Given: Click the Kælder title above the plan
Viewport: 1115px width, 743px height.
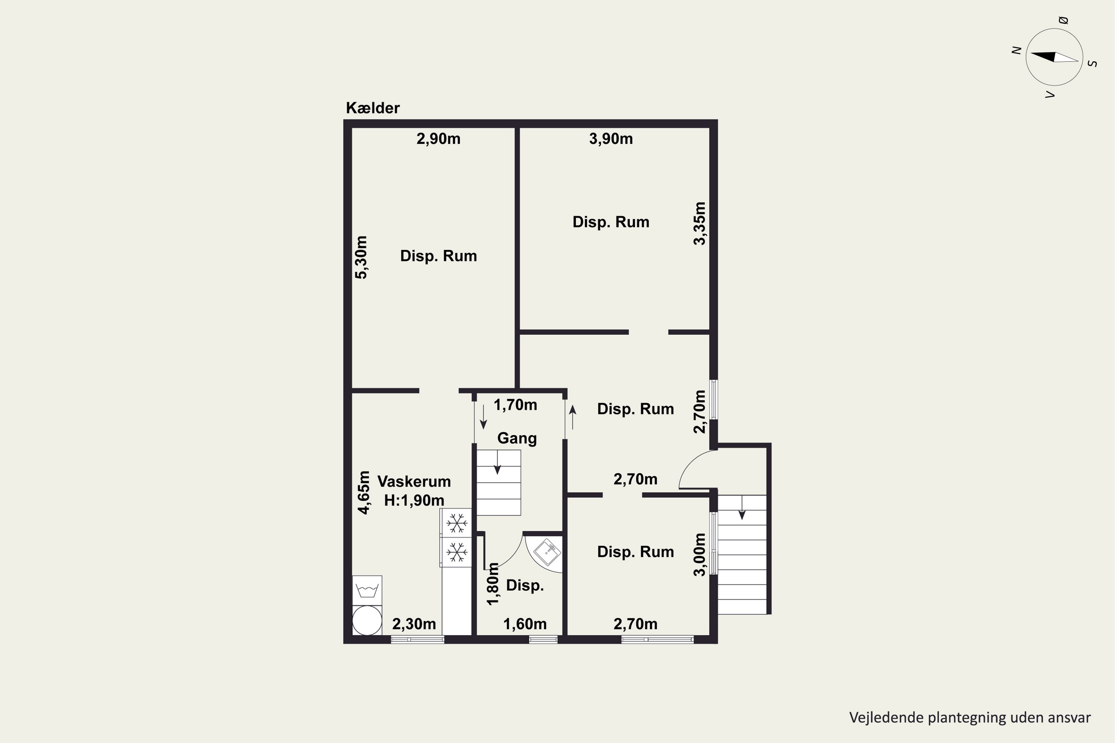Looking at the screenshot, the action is [373, 108].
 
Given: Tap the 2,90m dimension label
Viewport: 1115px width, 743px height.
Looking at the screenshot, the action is [439, 139].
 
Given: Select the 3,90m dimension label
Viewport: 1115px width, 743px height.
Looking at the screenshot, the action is [611, 139].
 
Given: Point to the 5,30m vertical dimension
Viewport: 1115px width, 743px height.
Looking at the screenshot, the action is [361, 257].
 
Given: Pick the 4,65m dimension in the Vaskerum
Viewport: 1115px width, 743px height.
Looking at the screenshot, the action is [363, 492].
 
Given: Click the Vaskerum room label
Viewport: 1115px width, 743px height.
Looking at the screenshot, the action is [414, 481].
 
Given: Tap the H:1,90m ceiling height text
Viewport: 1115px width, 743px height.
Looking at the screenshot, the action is [414, 500].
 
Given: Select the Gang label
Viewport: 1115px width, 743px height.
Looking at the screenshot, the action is [517, 438].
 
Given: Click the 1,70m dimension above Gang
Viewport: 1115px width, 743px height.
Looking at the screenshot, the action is [515, 405].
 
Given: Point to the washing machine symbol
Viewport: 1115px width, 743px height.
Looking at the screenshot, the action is [367, 590].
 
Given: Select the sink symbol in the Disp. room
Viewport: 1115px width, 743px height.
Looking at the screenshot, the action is [547, 552].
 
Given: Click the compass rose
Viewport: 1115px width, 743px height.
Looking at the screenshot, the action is [1054, 57].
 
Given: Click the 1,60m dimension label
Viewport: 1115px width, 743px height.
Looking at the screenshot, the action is [525, 624].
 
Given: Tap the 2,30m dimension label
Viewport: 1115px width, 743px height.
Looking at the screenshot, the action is [414, 624].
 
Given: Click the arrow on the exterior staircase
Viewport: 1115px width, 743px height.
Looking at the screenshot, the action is [742, 507].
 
